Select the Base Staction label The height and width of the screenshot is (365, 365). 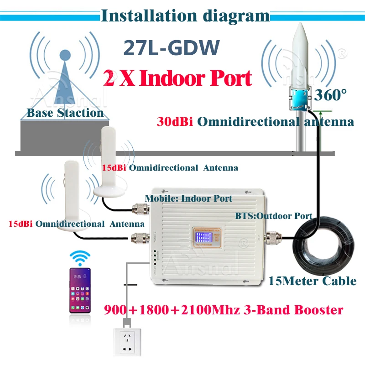(x=65, y=113)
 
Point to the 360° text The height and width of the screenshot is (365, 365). (x=330, y=95)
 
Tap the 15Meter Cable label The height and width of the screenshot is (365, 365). (x=313, y=280)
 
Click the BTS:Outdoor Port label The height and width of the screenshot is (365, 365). (x=273, y=216)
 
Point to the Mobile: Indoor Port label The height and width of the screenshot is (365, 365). (x=188, y=198)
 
